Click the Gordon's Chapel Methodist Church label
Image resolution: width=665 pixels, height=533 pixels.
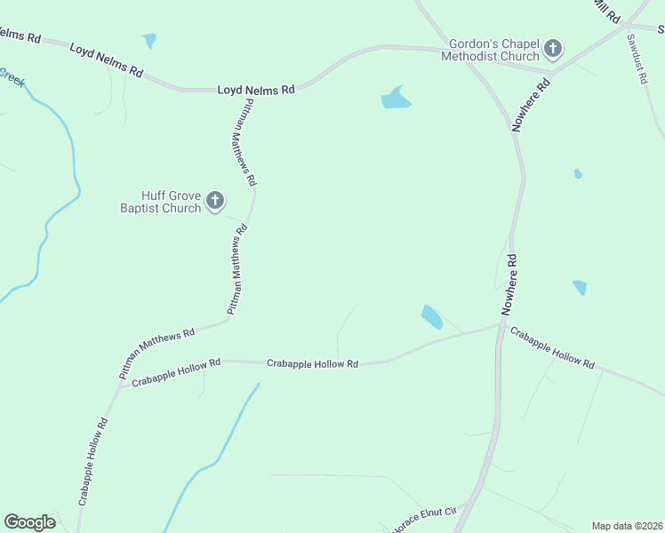click(x=494, y=49)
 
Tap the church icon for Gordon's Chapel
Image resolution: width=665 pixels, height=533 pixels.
click(x=553, y=48)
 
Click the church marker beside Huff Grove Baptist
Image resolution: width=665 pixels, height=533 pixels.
click(x=214, y=201)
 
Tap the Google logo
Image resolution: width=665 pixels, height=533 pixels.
click(x=29, y=522)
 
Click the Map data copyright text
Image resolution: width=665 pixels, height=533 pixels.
click(x=627, y=525)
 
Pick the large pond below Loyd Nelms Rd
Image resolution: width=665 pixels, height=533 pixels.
click(x=396, y=98)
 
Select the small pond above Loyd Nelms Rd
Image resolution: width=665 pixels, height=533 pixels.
click(x=148, y=40)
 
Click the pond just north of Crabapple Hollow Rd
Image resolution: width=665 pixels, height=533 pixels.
click(x=431, y=316)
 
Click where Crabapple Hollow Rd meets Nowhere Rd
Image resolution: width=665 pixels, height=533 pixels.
click(x=501, y=325)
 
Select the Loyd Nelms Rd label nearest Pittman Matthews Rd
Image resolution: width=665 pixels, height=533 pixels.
click(x=256, y=90)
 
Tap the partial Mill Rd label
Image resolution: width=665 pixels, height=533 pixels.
click(x=607, y=12)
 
